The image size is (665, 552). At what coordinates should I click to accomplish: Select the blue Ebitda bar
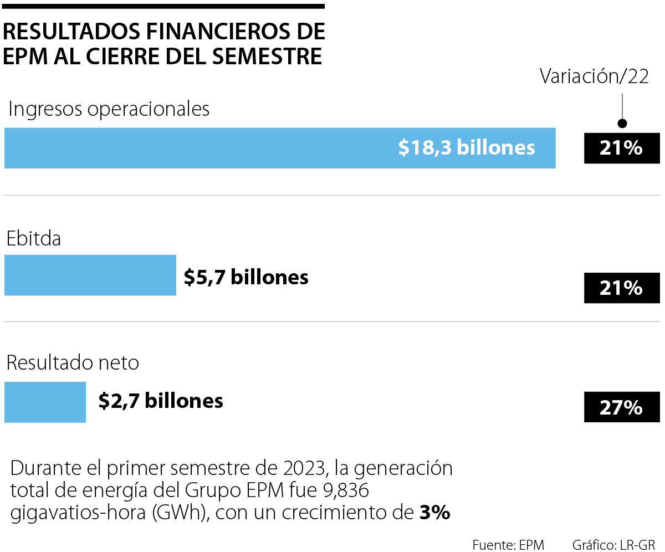[x=90, y=275]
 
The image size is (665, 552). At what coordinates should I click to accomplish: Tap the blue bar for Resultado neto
[x=45, y=402]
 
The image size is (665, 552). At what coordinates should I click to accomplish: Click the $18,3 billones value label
[x=467, y=147]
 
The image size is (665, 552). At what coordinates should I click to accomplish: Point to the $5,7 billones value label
[x=246, y=277]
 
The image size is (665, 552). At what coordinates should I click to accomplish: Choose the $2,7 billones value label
[x=161, y=401]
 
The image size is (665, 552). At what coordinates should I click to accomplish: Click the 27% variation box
[x=621, y=407]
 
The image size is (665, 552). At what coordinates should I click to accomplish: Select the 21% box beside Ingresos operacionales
[x=621, y=148]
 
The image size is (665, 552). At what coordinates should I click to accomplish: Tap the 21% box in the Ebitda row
[x=621, y=288]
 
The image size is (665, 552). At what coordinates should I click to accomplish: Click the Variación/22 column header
[x=595, y=77]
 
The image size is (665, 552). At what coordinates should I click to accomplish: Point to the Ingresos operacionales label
[x=109, y=109]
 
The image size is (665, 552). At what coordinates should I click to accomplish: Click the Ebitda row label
[x=34, y=239]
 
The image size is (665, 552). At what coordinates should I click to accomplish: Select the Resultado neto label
[x=73, y=363]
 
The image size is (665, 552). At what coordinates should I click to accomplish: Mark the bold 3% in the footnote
[x=434, y=513]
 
